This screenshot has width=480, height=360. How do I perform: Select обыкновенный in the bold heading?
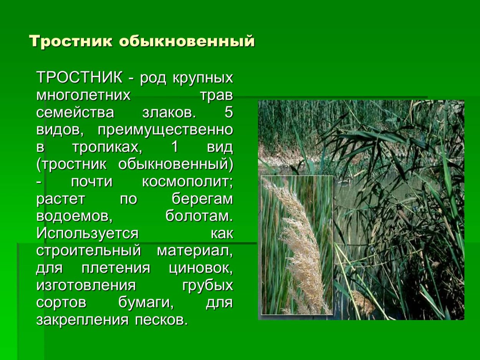[x=187, y=41]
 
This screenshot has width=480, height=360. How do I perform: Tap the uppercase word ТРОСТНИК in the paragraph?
[x=79, y=78]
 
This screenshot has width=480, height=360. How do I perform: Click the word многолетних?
[x=83, y=95]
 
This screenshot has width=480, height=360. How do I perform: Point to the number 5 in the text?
[x=228, y=112]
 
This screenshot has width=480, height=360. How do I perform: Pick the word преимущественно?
[x=165, y=130]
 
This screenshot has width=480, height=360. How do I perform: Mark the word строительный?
[x=89, y=251]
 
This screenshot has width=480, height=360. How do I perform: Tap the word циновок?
[x=201, y=268]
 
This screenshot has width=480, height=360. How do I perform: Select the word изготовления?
[x=86, y=286]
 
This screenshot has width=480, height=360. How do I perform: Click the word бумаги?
[x=146, y=303]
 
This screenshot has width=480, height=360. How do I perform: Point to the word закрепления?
[x=83, y=320]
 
